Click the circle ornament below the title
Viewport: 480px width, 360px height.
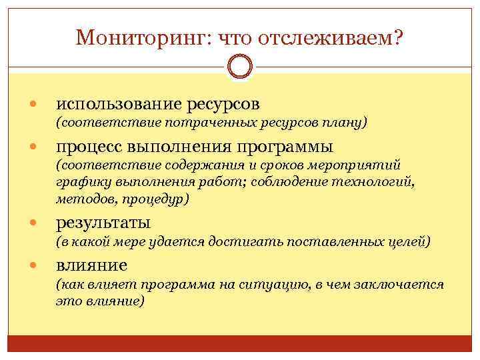click(240, 67)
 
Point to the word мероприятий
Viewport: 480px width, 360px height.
click(362, 165)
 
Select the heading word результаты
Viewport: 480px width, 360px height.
click(103, 223)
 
